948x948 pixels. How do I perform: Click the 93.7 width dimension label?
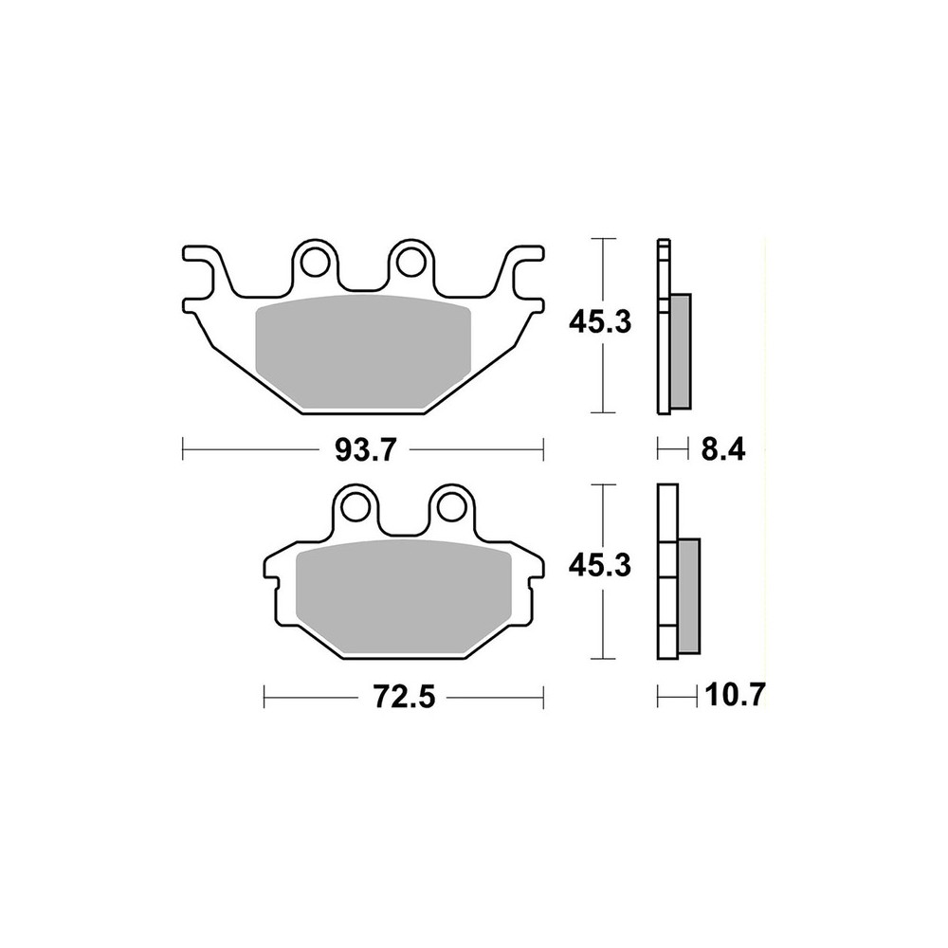[365, 450]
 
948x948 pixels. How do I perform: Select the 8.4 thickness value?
[723, 450]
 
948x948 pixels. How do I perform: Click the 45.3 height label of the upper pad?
[600, 323]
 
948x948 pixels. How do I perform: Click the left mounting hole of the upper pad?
[315, 260]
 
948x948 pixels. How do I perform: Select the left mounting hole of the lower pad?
[356, 506]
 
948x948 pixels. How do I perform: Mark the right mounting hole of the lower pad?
[452, 506]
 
